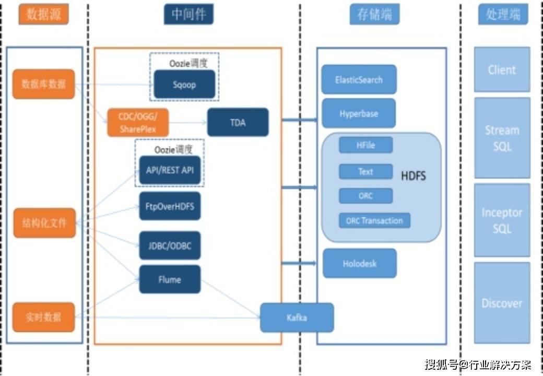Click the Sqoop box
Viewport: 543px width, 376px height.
pyautogui.click(x=184, y=84)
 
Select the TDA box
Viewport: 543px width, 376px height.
pyautogui.click(x=238, y=122)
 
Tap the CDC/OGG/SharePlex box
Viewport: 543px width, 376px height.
pyautogui.click(x=138, y=123)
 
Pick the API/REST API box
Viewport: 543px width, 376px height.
pyautogui.click(x=170, y=170)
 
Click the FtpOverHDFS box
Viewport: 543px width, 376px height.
pyautogui.click(x=170, y=206)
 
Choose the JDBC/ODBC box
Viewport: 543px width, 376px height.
pyautogui.click(x=170, y=245)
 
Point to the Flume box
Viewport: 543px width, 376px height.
pyautogui.click(x=170, y=279)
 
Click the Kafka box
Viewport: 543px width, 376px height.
pyautogui.click(x=297, y=318)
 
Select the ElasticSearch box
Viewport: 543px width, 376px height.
pyautogui.click(x=359, y=79)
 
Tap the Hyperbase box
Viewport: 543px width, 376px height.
pyautogui.click(x=358, y=113)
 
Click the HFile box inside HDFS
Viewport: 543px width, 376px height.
pyautogui.click(x=365, y=145)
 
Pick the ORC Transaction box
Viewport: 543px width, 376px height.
pyautogui.click(x=374, y=220)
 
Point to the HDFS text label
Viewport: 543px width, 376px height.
pyautogui.click(x=414, y=175)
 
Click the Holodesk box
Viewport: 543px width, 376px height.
pyautogui.click(x=359, y=263)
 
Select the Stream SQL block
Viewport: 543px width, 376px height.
pyautogui.click(x=502, y=138)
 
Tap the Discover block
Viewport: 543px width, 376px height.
pyautogui.click(x=502, y=303)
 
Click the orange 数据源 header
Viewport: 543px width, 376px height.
pyautogui.click(x=44, y=14)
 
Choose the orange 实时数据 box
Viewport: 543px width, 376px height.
pyautogui.click(x=44, y=317)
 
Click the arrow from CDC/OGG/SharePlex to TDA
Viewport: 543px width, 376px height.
pyautogui.click(x=187, y=122)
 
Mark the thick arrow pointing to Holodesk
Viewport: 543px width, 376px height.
pyautogui.click(x=299, y=263)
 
